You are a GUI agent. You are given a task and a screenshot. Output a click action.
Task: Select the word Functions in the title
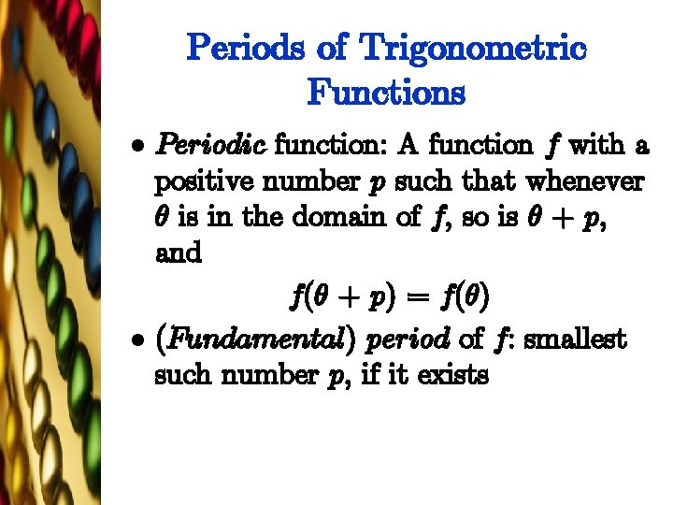(385, 93)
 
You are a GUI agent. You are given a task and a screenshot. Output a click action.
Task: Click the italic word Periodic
(212, 146)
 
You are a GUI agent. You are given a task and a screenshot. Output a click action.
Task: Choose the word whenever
(586, 181)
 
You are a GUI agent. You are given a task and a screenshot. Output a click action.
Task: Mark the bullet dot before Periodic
(136, 147)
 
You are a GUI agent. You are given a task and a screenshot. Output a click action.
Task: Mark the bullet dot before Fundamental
(136, 340)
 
